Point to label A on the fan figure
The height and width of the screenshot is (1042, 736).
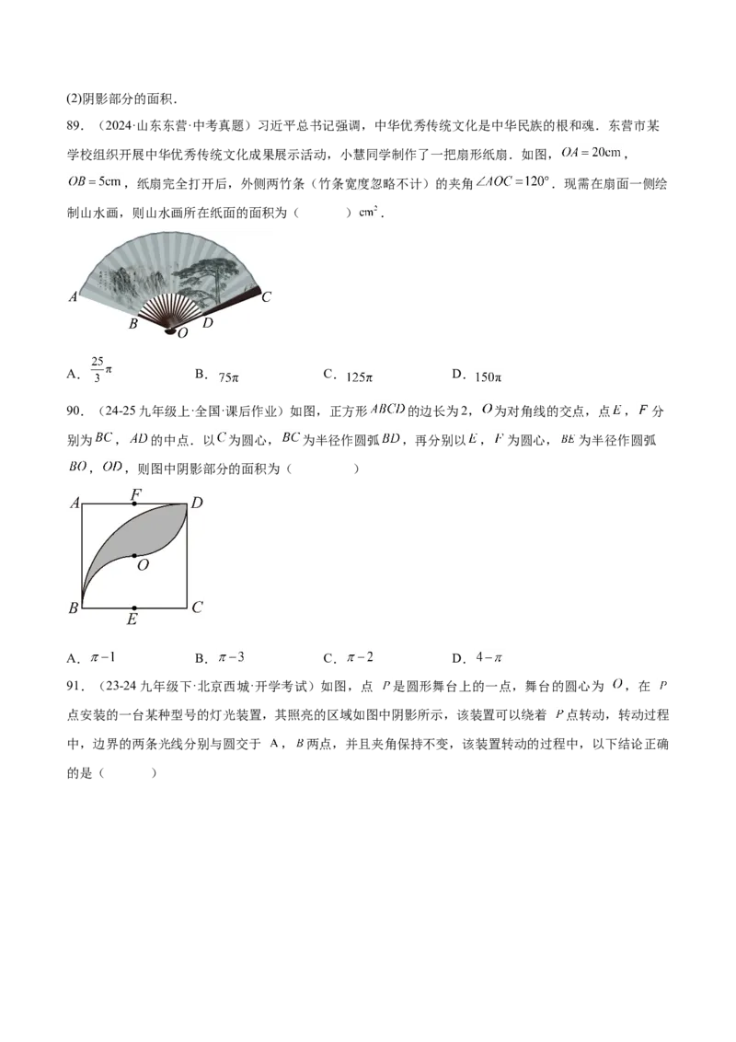73,297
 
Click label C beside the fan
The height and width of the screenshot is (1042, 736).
267,297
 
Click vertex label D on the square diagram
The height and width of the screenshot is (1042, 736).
197,504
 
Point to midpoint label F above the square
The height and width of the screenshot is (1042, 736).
135,493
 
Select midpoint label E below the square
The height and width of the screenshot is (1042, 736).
132,619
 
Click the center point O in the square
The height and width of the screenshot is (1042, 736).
135,556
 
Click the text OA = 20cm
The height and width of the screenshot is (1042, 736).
592,153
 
